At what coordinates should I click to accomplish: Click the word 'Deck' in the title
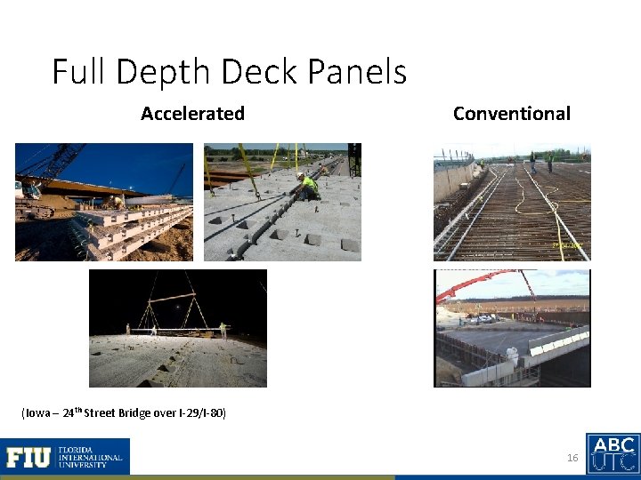click(x=252, y=71)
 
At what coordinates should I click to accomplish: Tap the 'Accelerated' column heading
click(x=192, y=113)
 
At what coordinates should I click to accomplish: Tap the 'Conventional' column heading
click(x=511, y=113)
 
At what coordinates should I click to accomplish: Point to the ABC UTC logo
click(x=613, y=453)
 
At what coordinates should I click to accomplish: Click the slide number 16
click(x=572, y=458)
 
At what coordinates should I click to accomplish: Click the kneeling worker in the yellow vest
click(x=309, y=187)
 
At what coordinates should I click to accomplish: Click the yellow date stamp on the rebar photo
click(x=566, y=244)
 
